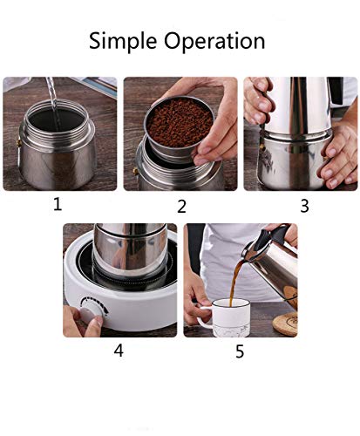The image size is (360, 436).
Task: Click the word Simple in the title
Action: [128, 41]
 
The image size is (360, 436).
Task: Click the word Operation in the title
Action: [218, 42]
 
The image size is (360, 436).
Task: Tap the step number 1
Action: [58, 206]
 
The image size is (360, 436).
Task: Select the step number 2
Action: [181, 207]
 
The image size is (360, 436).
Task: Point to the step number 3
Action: [304, 206]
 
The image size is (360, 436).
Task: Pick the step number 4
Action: [119, 351]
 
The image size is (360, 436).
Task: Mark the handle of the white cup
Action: [200, 318]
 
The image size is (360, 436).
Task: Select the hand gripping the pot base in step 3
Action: [338, 157]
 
